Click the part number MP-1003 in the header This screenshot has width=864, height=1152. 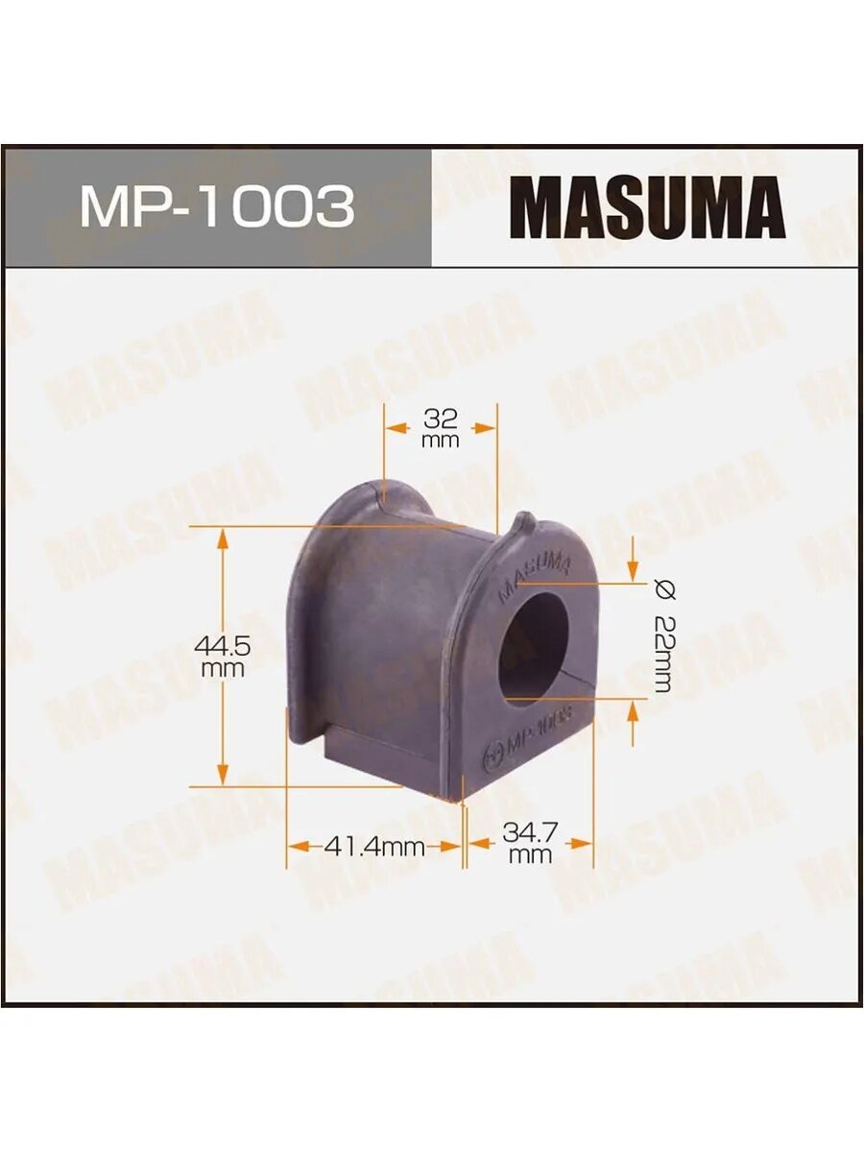pos(217,205)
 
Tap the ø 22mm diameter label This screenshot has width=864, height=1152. pos(662,637)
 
